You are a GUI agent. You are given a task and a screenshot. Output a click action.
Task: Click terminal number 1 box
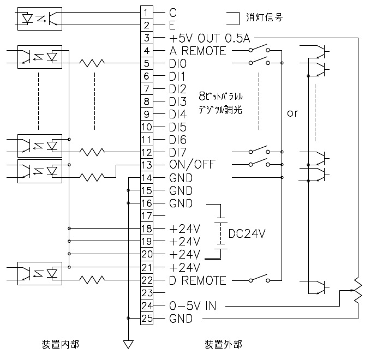[x=147, y=13]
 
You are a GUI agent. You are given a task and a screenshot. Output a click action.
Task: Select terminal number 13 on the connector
[x=147, y=165]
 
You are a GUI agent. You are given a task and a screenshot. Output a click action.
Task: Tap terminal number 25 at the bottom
[x=147, y=318]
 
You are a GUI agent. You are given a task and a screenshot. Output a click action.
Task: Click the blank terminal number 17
[x=147, y=215]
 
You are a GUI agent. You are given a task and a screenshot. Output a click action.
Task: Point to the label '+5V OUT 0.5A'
[x=210, y=38]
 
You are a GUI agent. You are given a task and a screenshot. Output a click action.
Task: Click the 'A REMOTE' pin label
[x=198, y=51]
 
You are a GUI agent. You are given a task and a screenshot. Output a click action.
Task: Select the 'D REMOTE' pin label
[x=198, y=280]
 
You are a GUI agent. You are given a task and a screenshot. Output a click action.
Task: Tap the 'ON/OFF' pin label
[x=192, y=165]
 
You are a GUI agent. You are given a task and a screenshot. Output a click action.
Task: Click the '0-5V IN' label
[x=193, y=306]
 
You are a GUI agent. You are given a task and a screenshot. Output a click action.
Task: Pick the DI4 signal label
[x=178, y=115]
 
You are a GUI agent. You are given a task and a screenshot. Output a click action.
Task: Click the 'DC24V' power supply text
[x=247, y=233]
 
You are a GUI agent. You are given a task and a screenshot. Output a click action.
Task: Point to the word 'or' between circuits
[x=292, y=113]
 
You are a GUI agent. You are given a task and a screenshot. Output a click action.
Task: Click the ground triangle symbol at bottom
[x=128, y=344]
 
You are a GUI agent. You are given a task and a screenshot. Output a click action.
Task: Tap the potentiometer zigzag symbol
[x=358, y=290]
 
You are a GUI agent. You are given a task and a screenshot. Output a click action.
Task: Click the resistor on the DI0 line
[x=92, y=63]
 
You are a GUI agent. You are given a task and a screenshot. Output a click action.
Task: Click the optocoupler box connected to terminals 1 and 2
[x=40, y=19]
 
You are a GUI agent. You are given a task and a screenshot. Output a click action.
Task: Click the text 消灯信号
[x=264, y=17]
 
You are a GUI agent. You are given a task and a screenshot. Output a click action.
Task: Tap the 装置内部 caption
[x=61, y=344]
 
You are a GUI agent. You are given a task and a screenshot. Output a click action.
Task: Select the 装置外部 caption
[x=223, y=344]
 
